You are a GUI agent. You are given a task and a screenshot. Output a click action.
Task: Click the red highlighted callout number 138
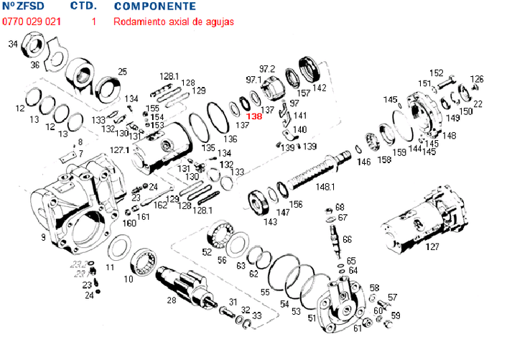pos(253,116)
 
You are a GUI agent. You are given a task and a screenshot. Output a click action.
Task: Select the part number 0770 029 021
pos(32,22)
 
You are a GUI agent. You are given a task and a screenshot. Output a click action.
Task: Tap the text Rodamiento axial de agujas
pos(173,22)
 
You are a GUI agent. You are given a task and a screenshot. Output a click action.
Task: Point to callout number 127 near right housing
pos(432,246)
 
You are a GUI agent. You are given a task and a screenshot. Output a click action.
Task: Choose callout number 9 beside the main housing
pos(43,236)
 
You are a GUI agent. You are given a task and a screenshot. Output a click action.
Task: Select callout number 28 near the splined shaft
pos(171,301)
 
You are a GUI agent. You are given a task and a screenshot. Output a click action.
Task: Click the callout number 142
pos(320,88)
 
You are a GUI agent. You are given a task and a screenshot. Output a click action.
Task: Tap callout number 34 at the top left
pos(12,45)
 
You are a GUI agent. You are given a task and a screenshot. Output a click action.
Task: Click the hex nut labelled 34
pos(33,50)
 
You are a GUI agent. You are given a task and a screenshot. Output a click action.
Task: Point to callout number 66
pos(347,239)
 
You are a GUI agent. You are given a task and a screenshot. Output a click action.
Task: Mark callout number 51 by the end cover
pos(312,317)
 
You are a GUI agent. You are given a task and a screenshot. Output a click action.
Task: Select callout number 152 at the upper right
pos(437,73)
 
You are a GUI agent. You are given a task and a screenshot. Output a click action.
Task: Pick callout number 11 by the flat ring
pos(109,267)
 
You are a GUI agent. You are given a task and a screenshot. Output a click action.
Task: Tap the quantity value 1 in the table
pos(94,22)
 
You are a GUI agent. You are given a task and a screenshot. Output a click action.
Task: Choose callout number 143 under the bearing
pos(270,222)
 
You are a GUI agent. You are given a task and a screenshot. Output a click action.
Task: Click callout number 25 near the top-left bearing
pos(122,71)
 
